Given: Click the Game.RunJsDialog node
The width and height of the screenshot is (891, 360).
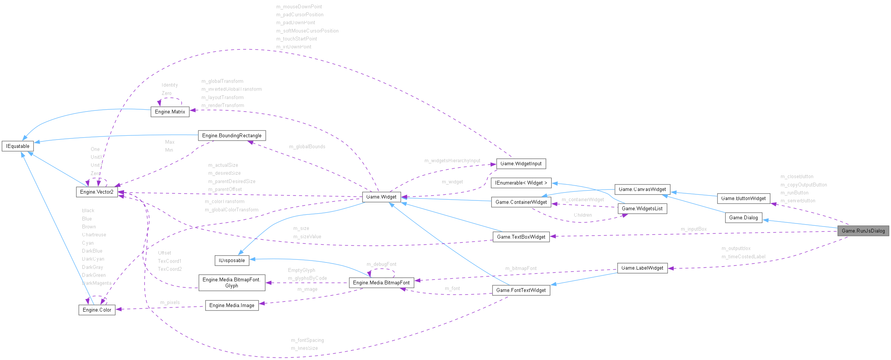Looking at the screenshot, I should [x=863, y=231].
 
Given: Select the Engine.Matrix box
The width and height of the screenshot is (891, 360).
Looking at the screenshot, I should [x=170, y=112].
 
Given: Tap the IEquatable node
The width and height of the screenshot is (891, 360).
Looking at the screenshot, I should [x=17, y=146].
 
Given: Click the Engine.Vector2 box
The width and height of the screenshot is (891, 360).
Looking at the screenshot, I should [x=97, y=192].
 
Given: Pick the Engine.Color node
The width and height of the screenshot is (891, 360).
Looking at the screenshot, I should [x=97, y=310].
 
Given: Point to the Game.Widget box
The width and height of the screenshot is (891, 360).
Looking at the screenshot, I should [x=381, y=197].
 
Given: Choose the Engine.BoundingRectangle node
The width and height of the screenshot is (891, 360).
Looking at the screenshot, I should [x=232, y=135].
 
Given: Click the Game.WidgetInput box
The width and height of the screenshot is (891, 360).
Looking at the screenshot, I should [x=521, y=163].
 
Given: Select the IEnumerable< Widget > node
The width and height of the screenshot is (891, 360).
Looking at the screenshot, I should [x=521, y=183].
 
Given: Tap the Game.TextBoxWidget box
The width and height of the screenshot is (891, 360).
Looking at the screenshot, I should [x=521, y=237].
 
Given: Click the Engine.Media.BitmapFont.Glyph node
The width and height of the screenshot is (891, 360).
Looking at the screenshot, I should [x=232, y=282].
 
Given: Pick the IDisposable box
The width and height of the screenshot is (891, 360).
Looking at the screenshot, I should [x=232, y=260].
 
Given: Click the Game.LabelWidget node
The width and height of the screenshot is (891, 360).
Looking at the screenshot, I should [x=642, y=268].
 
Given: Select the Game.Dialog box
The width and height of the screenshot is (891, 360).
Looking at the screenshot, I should [x=743, y=217].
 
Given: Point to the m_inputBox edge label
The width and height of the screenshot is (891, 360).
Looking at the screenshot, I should [x=694, y=229].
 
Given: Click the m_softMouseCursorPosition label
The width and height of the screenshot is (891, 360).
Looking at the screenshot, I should [x=307, y=31].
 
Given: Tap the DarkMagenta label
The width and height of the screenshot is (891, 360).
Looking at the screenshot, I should [x=97, y=283].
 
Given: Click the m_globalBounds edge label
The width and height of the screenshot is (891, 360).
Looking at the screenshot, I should [x=307, y=146].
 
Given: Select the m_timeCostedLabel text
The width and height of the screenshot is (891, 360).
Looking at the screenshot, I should [x=743, y=256].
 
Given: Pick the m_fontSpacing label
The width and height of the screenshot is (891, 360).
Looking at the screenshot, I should [x=307, y=340].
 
